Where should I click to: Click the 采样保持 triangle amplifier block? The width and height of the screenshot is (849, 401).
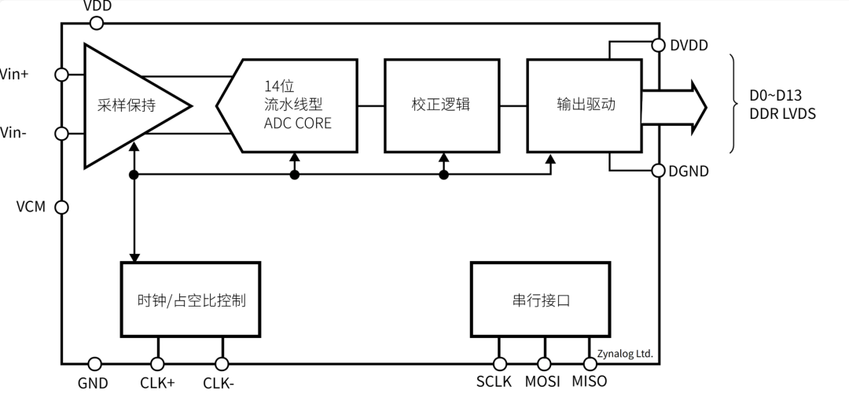pyautogui.click(x=126, y=105)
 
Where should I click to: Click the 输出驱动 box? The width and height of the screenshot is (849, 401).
pyautogui.click(x=584, y=105)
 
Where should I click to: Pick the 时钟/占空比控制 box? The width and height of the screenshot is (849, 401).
pyautogui.click(x=189, y=300)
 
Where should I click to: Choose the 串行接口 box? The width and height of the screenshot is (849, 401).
pyautogui.click(x=539, y=300)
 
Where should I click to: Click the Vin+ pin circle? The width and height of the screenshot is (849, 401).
pyautogui.click(x=61, y=74)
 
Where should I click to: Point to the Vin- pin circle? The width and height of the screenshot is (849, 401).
pyautogui.click(x=61, y=133)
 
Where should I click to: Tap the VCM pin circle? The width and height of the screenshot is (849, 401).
pyautogui.click(x=61, y=207)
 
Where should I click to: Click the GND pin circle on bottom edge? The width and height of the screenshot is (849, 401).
pyautogui.click(x=94, y=363)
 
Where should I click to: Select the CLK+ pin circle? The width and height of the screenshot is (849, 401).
pyautogui.click(x=157, y=363)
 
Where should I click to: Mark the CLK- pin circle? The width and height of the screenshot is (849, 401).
pyautogui.click(x=222, y=363)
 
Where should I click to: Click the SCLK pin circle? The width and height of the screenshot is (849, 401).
pyautogui.click(x=499, y=363)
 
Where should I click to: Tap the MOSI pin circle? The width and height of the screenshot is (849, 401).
pyautogui.click(x=544, y=363)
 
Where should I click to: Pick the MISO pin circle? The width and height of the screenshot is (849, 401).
pyautogui.click(x=590, y=363)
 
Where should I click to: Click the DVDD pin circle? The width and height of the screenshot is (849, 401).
pyautogui.click(x=659, y=46)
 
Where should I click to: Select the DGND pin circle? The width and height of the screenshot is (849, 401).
pyautogui.click(x=659, y=170)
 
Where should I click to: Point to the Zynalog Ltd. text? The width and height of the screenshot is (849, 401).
pyautogui.click(x=624, y=353)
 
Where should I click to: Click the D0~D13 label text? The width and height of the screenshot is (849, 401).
pyautogui.click(x=775, y=96)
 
